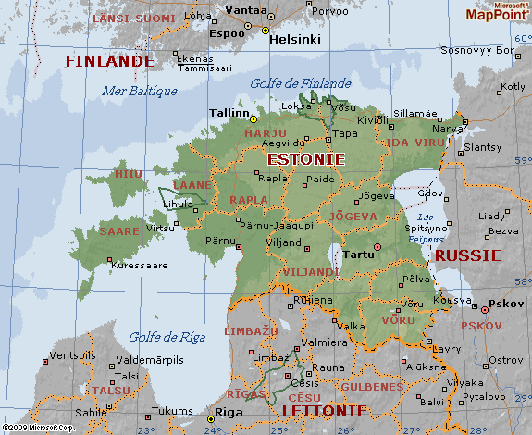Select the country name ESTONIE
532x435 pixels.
click(305, 159)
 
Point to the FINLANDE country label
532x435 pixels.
click(108, 61)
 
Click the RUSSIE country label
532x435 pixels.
click(467, 255)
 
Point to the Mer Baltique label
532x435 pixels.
click(138, 91)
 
